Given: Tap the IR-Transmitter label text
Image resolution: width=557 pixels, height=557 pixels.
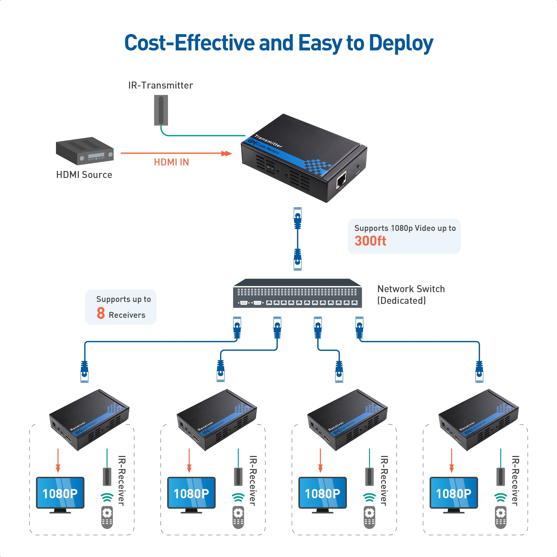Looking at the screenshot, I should (x=161, y=85).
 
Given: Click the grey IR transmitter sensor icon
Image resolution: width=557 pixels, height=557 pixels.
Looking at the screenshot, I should (x=161, y=110).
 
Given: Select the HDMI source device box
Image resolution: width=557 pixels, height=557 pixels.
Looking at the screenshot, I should (x=84, y=151).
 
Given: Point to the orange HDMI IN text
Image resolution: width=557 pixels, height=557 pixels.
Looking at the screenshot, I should (x=171, y=162).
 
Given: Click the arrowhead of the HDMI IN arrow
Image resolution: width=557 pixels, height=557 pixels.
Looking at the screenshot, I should (x=228, y=153).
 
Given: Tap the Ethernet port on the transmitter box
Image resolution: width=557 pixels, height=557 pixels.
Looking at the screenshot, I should (x=341, y=180).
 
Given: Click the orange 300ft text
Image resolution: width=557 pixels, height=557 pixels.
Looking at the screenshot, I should (x=370, y=241).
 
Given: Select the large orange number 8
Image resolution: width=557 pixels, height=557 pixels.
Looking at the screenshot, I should (x=101, y=313).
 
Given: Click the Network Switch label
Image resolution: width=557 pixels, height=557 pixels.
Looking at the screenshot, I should (x=411, y=289).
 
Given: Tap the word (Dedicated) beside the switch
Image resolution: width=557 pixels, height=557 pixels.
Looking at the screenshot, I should (x=401, y=301).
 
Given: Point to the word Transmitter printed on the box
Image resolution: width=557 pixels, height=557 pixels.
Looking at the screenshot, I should (x=268, y=141).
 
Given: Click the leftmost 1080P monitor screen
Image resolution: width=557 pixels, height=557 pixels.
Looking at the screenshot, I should (x=60, y=494).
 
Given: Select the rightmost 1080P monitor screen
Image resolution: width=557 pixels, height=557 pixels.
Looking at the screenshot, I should (x=453, y=494).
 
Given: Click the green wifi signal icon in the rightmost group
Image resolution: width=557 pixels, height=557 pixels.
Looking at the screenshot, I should (x=500, y=497).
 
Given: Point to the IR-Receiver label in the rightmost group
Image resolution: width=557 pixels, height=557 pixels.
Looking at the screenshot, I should (x=515, y=481).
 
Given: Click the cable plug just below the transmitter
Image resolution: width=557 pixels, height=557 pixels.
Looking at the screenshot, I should (x=297, y=218).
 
